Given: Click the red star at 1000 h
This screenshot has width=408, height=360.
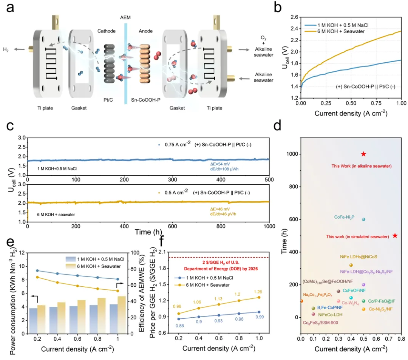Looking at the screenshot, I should point(363,154).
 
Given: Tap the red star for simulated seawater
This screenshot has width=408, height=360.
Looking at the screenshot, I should point(395,236).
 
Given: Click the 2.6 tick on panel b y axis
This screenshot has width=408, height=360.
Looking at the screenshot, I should point(293,17).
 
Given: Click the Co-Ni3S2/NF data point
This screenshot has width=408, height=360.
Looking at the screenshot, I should point(364,309).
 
